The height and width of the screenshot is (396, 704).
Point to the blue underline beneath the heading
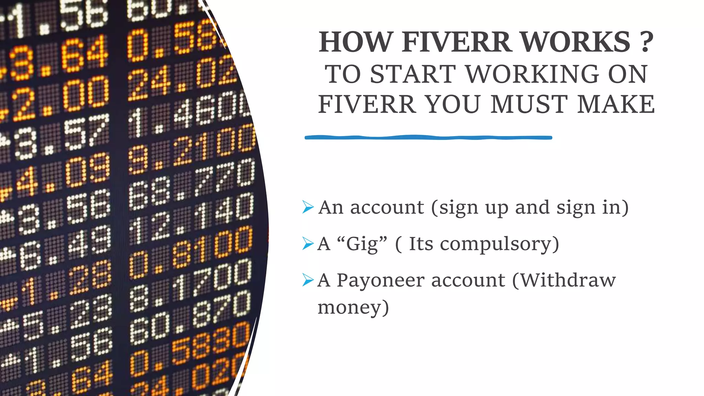pos(428,137)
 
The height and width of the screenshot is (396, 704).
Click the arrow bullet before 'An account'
pos(308,207)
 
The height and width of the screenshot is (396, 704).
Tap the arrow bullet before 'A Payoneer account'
pos(308,280)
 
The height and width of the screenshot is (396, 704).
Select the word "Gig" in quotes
pos(362,244)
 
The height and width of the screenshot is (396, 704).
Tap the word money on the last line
pos(353,307)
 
